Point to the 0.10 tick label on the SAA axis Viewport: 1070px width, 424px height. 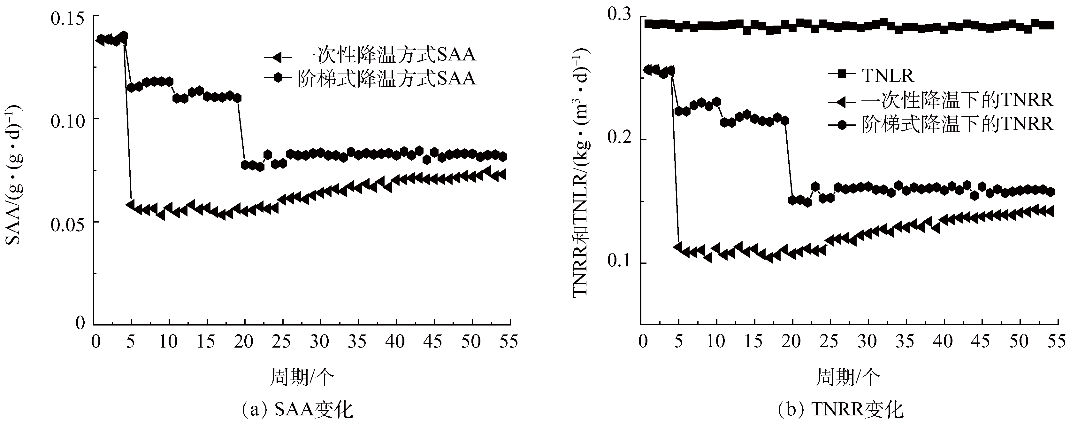pos(66,121)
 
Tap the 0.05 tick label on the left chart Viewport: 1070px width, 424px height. pos(66,224)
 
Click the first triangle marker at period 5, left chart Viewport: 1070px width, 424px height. pos(131,205)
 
